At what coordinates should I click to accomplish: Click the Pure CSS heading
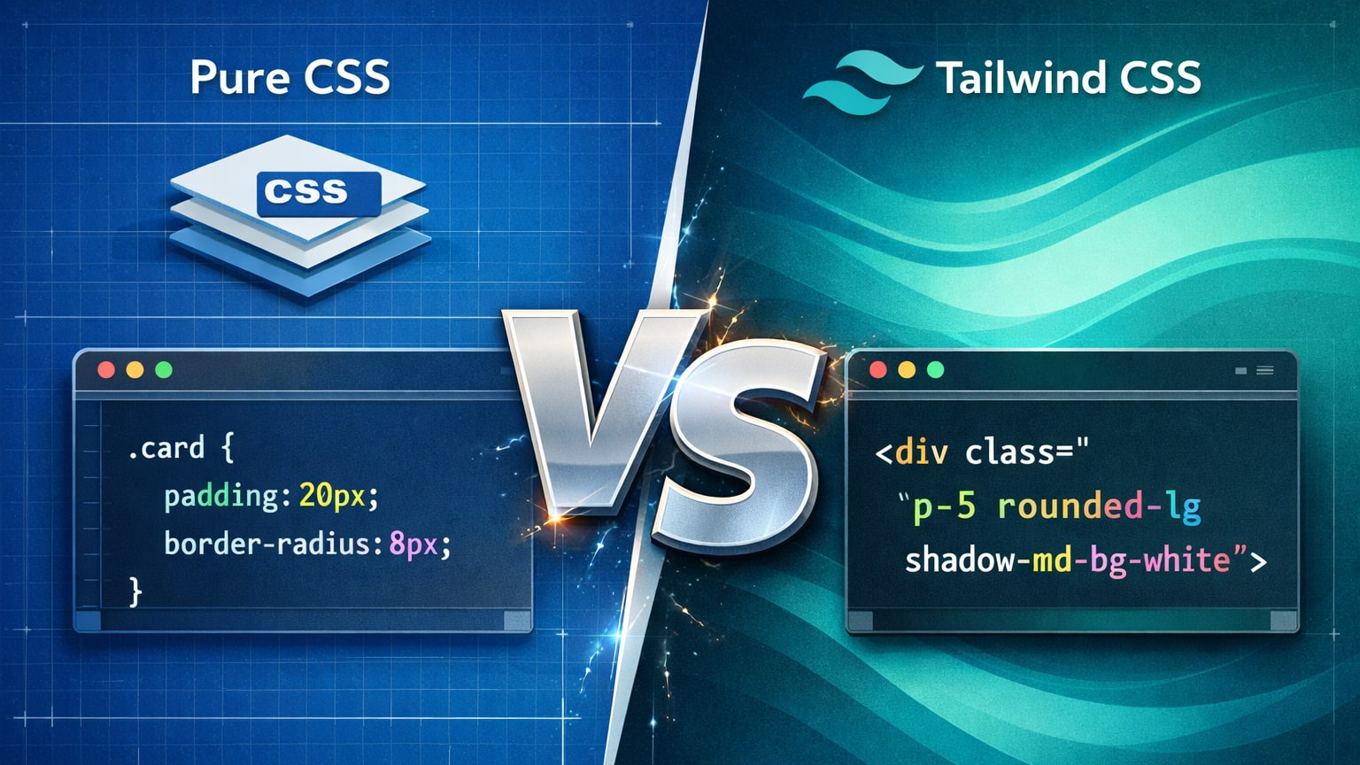(x=290, y=78)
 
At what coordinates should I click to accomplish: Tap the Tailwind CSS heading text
(x=1068, y=78)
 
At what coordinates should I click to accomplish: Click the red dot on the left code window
(x=106, y=370)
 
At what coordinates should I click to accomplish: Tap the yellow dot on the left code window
(x=135, y=370)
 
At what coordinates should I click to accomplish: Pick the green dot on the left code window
(x=164, y=370)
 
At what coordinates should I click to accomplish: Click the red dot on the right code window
(x=878, y=370)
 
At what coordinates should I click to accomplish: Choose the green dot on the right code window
(x=936, y=370)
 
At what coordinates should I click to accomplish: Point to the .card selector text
(x=166, y=448)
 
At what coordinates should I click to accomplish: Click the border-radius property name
(x=267, y=543)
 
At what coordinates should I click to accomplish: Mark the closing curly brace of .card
(x=135, y=591)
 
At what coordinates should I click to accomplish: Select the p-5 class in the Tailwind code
(x=944, y=506)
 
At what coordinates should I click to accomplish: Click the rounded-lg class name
(x=1099, y=506)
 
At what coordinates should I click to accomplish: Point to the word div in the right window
(x=922, y=452)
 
